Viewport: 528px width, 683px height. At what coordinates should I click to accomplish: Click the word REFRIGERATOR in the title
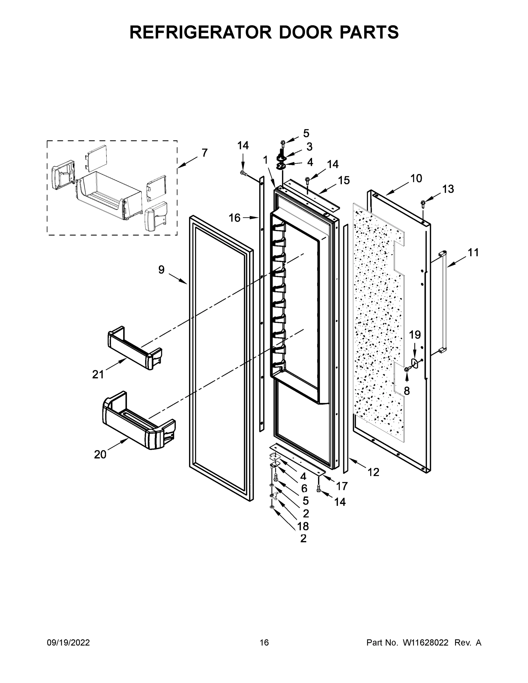(x=200, y=32)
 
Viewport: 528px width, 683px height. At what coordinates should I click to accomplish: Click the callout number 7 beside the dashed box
(x=204, y=153)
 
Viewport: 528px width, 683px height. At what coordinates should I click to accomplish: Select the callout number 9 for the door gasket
(x=161, y=269)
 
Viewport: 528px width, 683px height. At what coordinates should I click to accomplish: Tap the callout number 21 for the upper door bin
(x=98, y=374)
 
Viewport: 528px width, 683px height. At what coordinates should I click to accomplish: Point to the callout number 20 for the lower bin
(x=100, y=455)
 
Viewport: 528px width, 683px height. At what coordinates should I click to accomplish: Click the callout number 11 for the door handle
(x=473, y=252)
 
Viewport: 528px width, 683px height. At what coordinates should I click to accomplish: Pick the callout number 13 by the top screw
(x=448, y=189)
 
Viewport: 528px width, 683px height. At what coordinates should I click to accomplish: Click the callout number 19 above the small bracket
(x=415, y=335)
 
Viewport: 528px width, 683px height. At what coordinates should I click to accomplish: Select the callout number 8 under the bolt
(x=407, y=391)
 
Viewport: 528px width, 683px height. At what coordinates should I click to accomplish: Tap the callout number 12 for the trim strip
(x=373, y=472)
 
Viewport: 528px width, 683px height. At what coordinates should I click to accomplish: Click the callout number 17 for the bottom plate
(x=342, y=486)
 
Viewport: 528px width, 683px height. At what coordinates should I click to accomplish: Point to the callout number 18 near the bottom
(x=303, y=526)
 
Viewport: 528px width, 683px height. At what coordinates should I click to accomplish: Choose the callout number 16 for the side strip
(x=235, y=218)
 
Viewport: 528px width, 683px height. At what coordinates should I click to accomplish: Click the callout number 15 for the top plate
(x=344, y=180)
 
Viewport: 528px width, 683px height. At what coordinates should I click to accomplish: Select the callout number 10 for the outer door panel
(x=416, y=178)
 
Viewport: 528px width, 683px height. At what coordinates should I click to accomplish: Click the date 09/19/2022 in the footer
(x=68, y=643)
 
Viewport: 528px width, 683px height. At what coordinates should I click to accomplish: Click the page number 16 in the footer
(x=264, y=643)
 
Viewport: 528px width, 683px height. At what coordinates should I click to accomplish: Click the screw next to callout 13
(x=423, y=203)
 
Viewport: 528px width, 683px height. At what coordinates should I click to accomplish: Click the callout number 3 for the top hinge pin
(x=309, y=146)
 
